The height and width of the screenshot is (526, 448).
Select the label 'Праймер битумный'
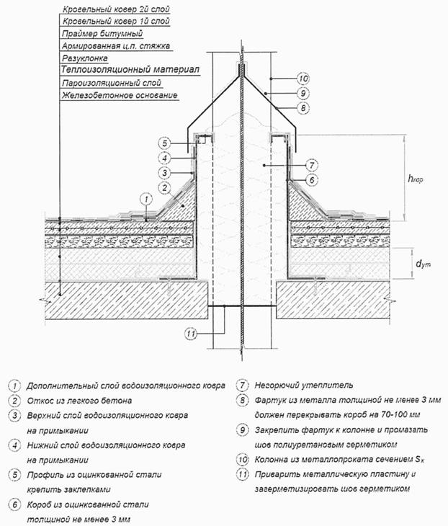tap(102, 33)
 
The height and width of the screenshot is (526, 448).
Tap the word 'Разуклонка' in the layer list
tap(85, 58)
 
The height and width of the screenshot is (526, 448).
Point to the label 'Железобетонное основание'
tap(120, 96)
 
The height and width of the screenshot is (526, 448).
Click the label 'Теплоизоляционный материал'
tap(129, 71)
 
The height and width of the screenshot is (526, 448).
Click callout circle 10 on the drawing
tap(303, 78)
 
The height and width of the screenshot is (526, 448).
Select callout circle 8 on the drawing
tap(303, 107)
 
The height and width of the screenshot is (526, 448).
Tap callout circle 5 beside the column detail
tap(164, 143)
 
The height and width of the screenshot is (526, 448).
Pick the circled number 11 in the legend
tap(243, 475)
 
